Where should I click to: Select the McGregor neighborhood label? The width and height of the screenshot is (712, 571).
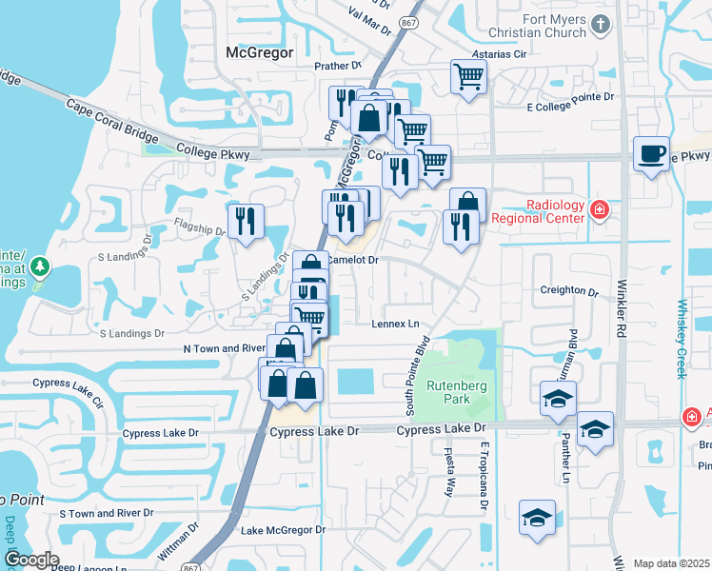point(259,52)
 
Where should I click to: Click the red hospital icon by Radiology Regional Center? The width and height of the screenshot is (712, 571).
point(599,209)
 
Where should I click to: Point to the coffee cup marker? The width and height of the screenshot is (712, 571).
point(652,154)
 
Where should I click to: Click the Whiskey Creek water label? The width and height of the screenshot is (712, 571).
point(682,339)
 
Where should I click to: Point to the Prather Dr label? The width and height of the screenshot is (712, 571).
point(339,67)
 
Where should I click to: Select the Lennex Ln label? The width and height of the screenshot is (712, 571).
point(395,325)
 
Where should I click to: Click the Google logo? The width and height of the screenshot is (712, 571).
point(30,560)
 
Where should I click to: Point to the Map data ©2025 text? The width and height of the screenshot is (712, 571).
point(671,563)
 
